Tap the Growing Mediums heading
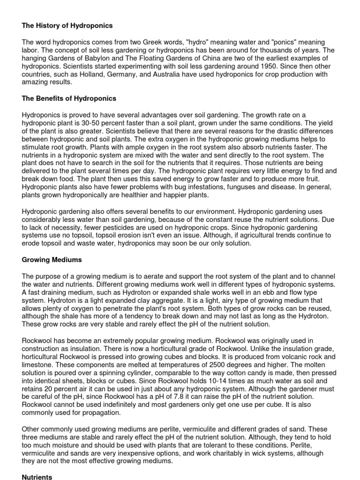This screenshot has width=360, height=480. click(52, 259)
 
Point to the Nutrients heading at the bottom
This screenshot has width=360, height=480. click(37, 477)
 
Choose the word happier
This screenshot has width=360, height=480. click(166, 195)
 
